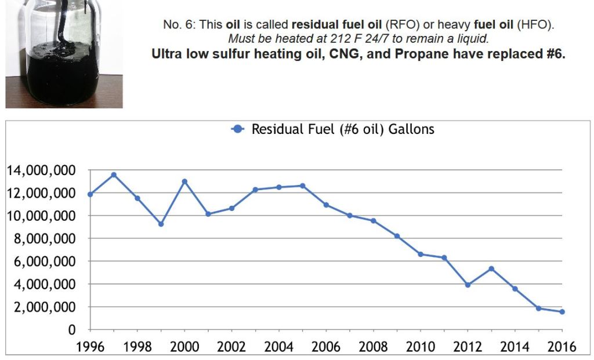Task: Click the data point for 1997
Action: [x=114, y=174]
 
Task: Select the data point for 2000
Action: [x=184, y=181]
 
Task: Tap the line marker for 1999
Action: [x=161, y=224]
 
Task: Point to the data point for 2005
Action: [x=302, y=186]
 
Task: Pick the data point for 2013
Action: [x=491, y=268]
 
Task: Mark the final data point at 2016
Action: [x=562, y=312]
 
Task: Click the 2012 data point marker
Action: [x=468, y=285]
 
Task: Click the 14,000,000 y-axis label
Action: [x=41, y=170]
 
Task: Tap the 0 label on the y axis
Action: [x=72, y=330]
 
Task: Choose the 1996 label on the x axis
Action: [x=90, y=347]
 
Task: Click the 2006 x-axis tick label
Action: [x=325, y=347]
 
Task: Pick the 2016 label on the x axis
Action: [x=562, y=347]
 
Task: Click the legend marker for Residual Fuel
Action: [x=236, y=129]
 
